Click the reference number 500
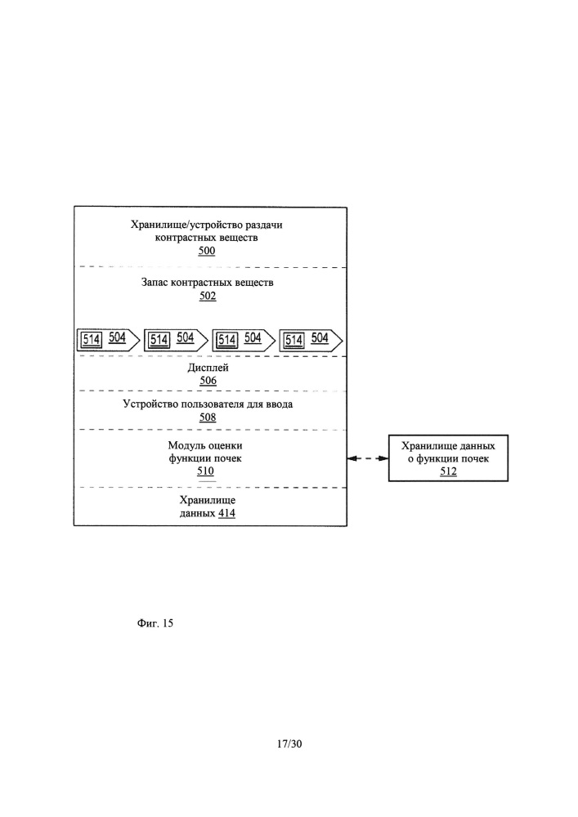point(207,251)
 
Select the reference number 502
point(208,296)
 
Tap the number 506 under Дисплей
point(208,381)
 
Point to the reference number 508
point(208,417)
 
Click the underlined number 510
point(205,471)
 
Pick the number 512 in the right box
point(448,471)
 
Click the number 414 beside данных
point(226,513)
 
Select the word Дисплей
point(208,368)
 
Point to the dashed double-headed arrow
point(368,458)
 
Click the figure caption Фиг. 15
point(155,623)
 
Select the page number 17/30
point(289,743)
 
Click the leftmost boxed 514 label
point(92,340)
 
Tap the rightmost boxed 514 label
point(294,340)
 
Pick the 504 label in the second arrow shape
point(186,337)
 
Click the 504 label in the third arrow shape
point(253,337)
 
